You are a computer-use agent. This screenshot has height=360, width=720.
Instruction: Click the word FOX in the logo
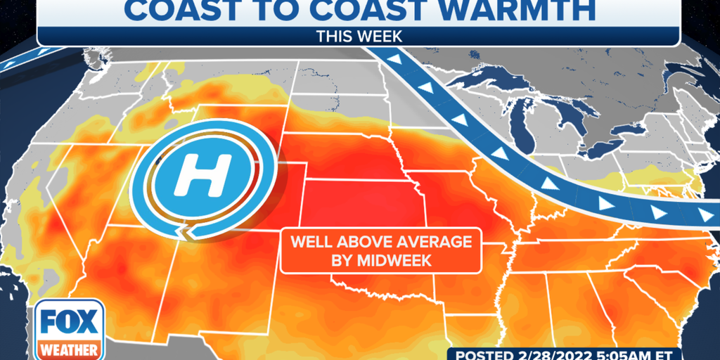pos(68,321)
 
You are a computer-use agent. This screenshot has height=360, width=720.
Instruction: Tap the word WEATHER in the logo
pos(68,349)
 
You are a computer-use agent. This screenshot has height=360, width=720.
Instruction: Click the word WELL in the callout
pos(307,243)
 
